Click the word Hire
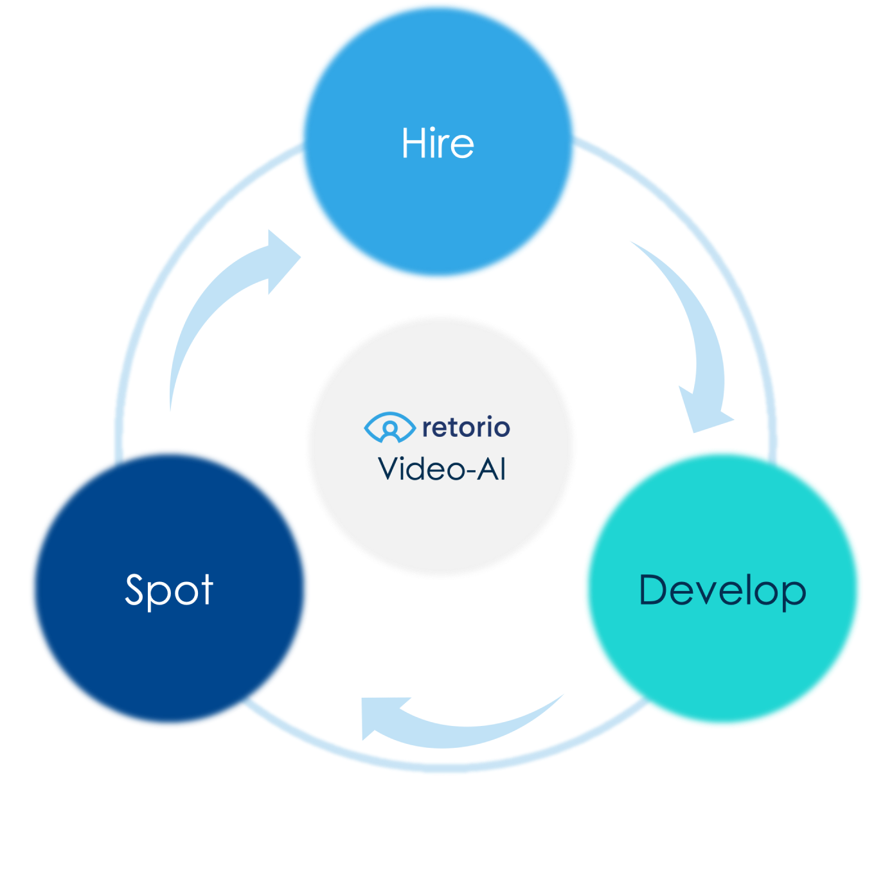point(437,143)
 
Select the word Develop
point(722,590)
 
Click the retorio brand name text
point(466,427)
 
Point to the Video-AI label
point(442,468)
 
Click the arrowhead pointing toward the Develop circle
point(705,412)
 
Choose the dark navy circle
point(169,588)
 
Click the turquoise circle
point(723,588)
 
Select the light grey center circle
point(441,446)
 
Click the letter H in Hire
point(412,143)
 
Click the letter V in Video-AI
point(391,468)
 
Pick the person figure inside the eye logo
point(390,431)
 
